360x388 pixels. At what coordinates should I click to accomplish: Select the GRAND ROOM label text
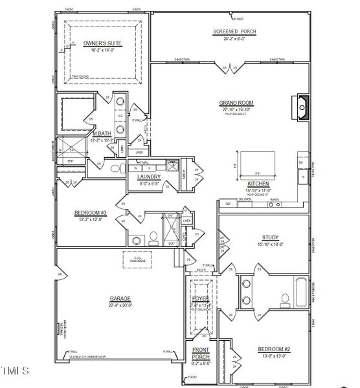(236, 103)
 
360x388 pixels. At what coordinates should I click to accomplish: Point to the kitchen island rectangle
(258, 166)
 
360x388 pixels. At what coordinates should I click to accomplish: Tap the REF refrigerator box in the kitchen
(227, 204)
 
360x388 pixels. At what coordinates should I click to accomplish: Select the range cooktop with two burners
(274, 204)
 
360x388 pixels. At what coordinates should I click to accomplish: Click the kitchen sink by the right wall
(302, 176)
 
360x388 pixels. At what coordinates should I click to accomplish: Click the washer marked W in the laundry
(139, 167)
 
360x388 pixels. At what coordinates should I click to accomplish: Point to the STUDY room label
(270, 237)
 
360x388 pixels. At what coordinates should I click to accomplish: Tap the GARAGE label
(120, 299)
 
